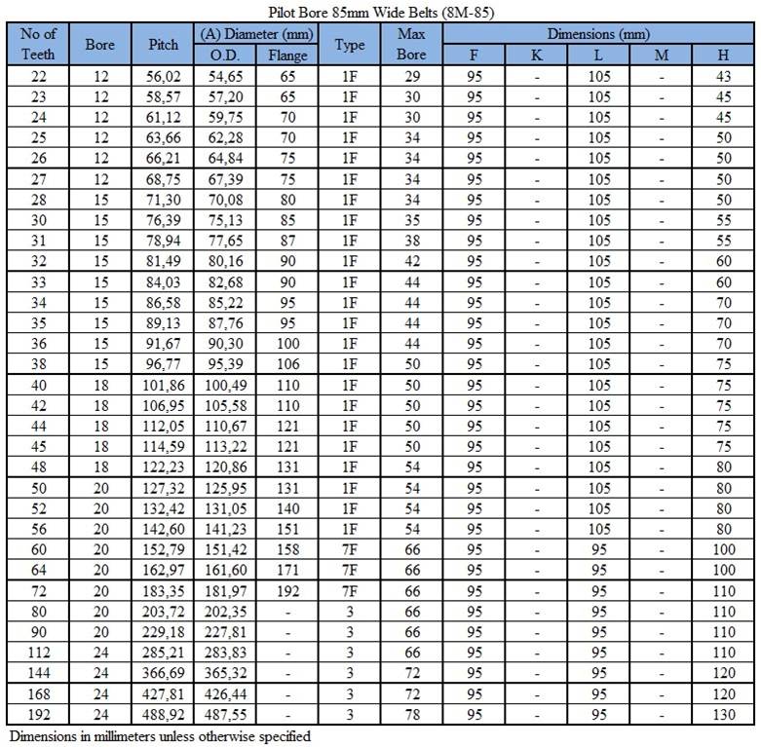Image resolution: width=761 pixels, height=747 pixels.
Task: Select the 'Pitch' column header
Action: point(163,45)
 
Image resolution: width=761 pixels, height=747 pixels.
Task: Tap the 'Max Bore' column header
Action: point(410,45)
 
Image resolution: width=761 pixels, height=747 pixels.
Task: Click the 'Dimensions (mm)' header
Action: point(598,34)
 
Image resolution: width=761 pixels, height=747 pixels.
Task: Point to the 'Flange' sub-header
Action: point(287,56)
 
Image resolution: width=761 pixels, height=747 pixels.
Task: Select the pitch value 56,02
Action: point(163,77)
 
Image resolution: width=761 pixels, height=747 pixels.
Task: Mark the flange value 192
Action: point(287,590)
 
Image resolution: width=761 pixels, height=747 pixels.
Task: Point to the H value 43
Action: point(723,77)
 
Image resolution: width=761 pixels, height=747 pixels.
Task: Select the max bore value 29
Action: point(410,77)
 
